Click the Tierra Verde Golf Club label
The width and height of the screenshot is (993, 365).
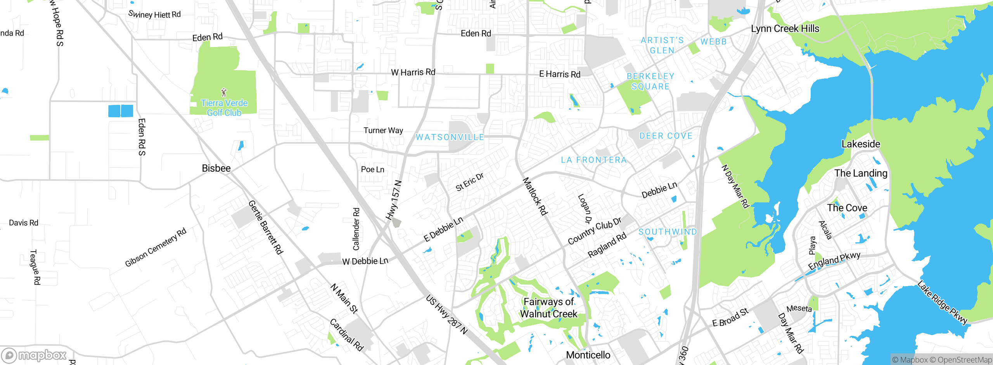[224, 108]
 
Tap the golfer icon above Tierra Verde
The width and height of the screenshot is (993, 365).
[224, 92]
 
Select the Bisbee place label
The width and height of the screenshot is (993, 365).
[216, 168]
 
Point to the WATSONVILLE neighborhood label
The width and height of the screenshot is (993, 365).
[450, 137]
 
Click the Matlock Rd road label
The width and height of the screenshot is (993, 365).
[535, 196]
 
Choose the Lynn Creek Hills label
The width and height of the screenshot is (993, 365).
[785, 29]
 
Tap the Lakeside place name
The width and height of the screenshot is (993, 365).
[861, 144]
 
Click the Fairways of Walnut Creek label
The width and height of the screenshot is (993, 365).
[548, 308]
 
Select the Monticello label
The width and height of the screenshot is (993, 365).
[588, 355]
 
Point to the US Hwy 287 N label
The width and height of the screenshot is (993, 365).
[447, 315]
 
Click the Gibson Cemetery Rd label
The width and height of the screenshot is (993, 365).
[156, 247]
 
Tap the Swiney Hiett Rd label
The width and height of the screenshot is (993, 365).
[154, 14]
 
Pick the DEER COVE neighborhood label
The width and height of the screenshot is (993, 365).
[666, 136]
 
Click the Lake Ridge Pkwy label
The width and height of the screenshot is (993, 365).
[942, 302]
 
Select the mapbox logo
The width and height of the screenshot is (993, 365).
[34, 355]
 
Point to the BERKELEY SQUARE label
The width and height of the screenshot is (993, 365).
[650, 82]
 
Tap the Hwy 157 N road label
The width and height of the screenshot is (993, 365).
[394, 200]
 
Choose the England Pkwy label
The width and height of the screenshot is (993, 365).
[834, 261]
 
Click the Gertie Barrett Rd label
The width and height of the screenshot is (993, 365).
[266, 228]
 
